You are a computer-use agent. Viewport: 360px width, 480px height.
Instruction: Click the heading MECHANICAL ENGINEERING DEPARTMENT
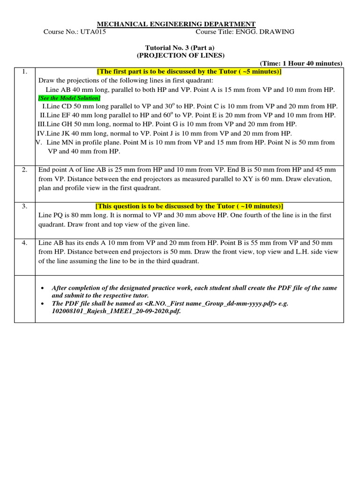click(176, 24)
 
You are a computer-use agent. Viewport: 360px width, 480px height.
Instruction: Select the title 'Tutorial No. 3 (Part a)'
click(180, 47)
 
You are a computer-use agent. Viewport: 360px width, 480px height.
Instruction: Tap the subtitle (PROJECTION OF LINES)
click(180, 55)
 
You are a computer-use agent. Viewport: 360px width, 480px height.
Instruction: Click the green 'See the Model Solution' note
click(69, 98)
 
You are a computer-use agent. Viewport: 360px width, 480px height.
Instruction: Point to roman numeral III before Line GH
click(41, 124)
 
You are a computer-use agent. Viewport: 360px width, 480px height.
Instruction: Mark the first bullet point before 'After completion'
click(43, 288)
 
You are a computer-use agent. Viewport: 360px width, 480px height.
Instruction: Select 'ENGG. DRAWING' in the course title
click(271, 32)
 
